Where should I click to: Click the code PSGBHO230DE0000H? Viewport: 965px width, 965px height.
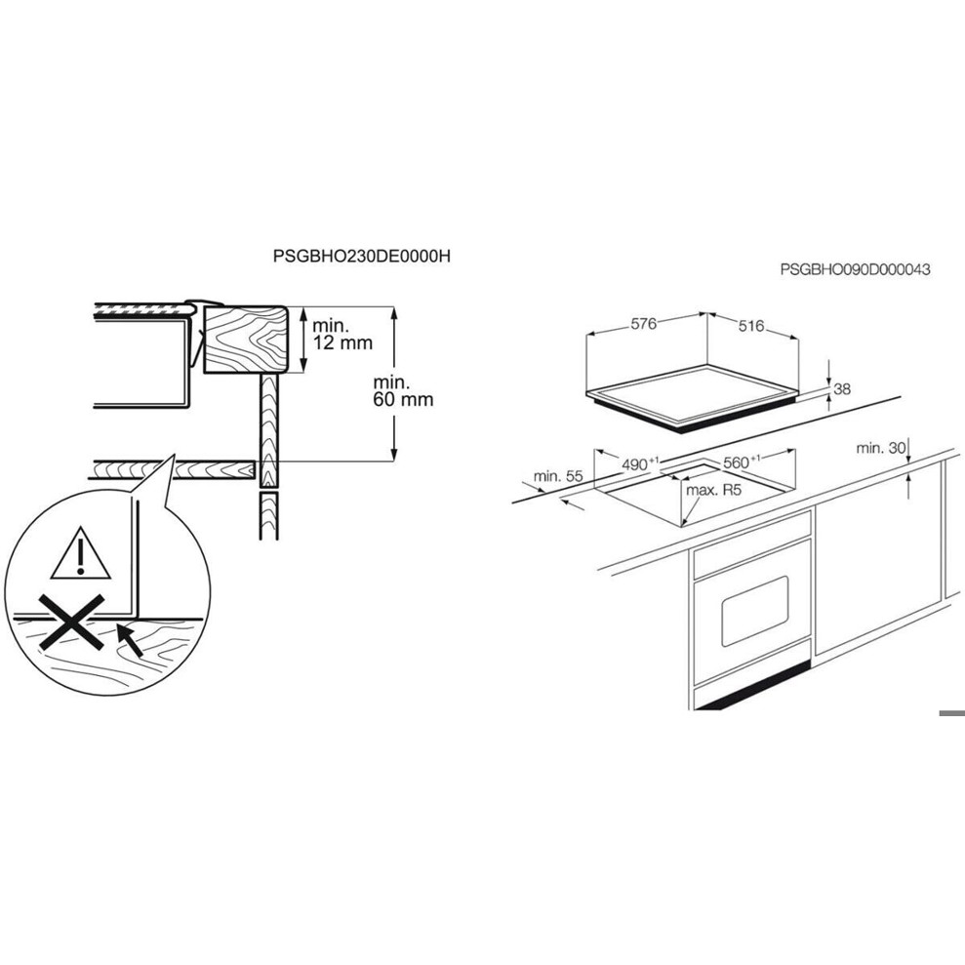coord(364,257)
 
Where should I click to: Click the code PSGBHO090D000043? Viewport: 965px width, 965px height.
coord(855,269)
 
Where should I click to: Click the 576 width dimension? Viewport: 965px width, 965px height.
coord(642,325)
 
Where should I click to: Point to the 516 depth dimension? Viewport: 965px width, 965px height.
coord(750,326)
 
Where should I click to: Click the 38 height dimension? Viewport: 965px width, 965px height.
coord(843,389)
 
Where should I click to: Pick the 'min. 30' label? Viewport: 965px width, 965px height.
coord(880,448)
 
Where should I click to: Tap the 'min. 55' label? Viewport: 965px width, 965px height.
coord(558,476)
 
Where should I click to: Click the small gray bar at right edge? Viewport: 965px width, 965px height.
coord(951,713)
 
